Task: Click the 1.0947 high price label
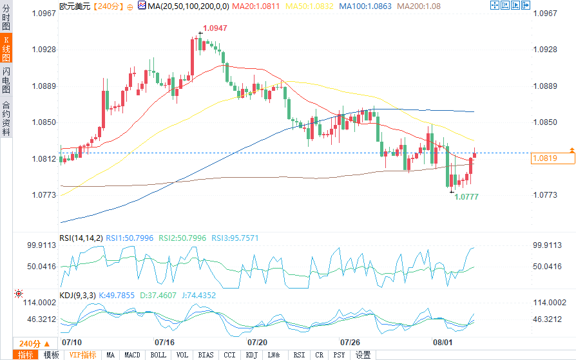pos(215,28)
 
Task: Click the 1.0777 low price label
pos(466,196)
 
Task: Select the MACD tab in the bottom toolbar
pos(132,355)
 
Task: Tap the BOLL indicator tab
pos(158,355)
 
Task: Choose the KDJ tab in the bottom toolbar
pos(251,355)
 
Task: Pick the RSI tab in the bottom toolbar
pos(299,355)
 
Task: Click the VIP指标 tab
pos(82,355)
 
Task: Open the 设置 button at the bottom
pos(363,355)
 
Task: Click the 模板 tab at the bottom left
pos(52,355)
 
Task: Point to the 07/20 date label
pos(257,342)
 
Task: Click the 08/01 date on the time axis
pos(441,342)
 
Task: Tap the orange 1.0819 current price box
pos(543,158)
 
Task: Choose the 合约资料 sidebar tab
pos(6,118)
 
